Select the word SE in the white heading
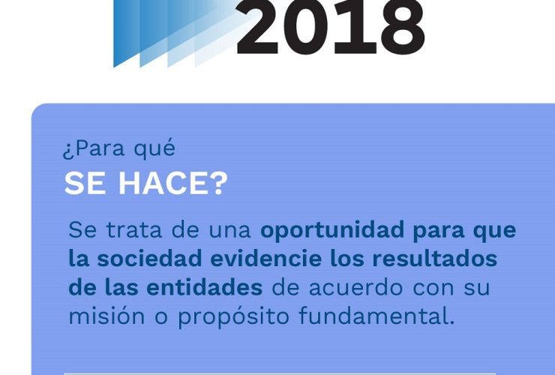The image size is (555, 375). point(85,183)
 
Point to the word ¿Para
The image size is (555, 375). point(94,148)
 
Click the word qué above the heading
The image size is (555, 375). point(154,148)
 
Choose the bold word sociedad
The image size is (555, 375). point(149,258)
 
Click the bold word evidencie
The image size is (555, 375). point(265,258)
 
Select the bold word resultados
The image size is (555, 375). point(435,258)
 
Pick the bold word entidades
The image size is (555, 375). point(205,287)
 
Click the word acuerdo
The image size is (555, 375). point(356,287)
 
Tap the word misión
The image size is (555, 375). point(106,316)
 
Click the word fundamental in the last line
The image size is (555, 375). point(376,316)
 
